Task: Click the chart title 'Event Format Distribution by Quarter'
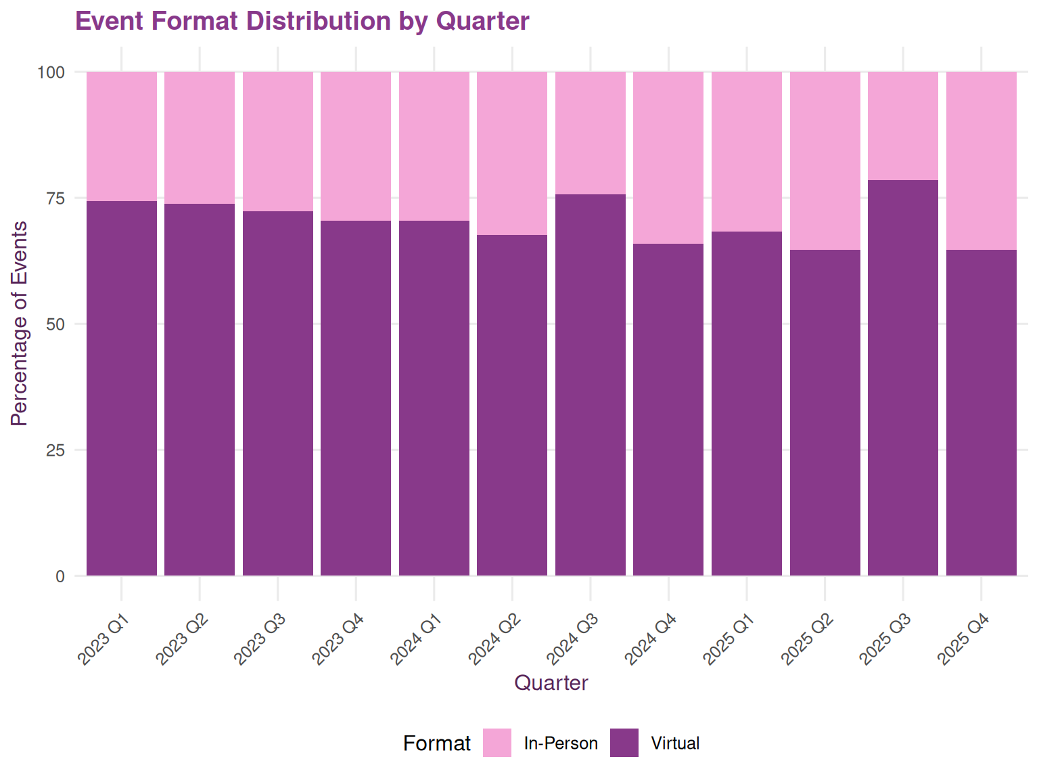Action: [x=302, y=21]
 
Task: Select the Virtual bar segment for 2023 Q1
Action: [x=122, y=388]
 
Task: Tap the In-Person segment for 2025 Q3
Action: [x=903, y=125]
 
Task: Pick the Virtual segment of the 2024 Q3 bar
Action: [x=591, y=385]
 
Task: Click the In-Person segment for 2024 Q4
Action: [x=668, y=157]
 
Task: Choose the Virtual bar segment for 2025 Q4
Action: [x=981, y=412]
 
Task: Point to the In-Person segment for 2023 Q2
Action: [x=200, y=137]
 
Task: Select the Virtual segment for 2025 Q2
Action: [x=825, y=412]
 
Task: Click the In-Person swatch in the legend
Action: [x=497, y=743]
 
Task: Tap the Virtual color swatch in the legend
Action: [x=624, y=743]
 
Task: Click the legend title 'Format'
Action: [x=436, y=743]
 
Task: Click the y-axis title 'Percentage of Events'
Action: [x=20, y=324]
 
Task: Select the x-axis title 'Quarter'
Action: [x=551, y=682]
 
